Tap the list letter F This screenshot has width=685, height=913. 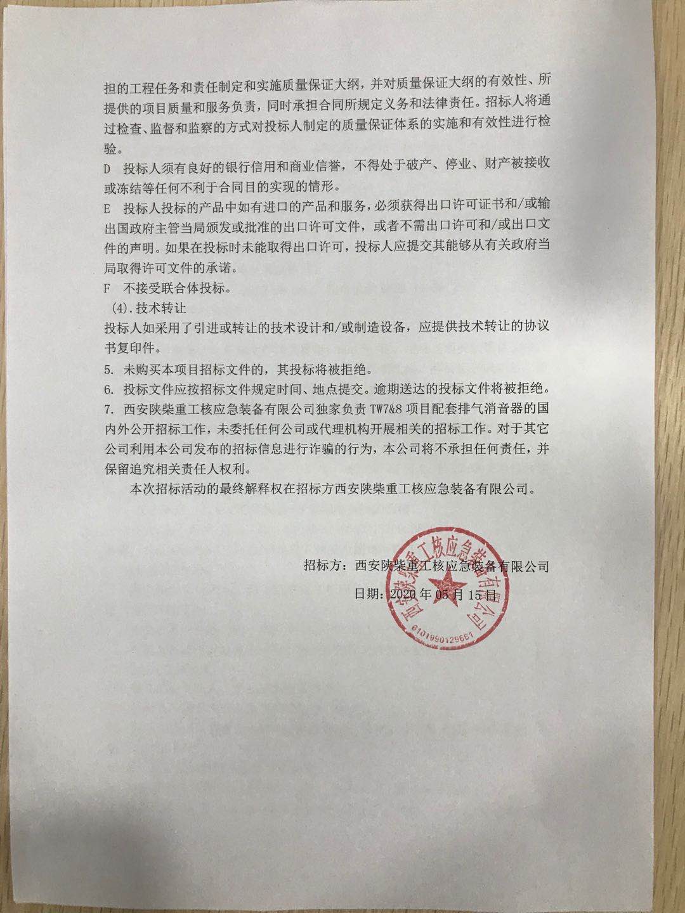coord(107,288)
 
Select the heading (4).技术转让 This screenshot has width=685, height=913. coord(146,309)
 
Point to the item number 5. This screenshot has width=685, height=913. coord(108,368)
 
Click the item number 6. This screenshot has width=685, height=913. coord(108,389)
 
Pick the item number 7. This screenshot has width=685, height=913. coord(108,408)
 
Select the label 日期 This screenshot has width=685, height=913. coord(367,595)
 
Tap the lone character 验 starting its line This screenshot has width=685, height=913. coord(112,148)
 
